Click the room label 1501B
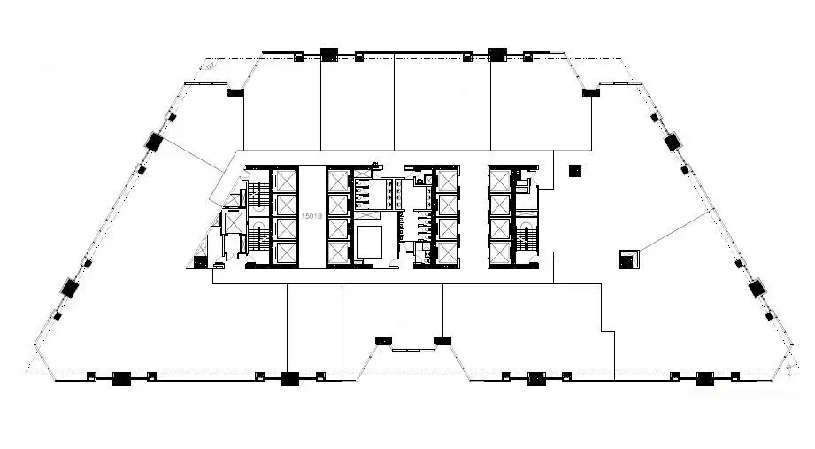pyautogui.click(x=311, y=216)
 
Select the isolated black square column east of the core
pyautogui.click(x=575, y=170)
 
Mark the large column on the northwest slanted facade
pyautogui.click(x=154, y=141)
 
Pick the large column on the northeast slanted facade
pyautogui.click(x=670, y=141)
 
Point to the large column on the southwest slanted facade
pyautogui.click(x=69, y=287)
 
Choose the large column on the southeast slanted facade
pyautogui.click(x=756, y=288)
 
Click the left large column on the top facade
pyautogui.click(x=327, y=54)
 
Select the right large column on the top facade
pyautogui.click(x=497, y=54)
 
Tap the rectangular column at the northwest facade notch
pyautogui.click(x=235, y=92)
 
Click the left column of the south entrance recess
pyautogui.click(x=383, y=339)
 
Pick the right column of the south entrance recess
pyautogui.click(x=442, y=339)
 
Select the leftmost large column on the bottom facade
pyautogui.click(x=121, y=378)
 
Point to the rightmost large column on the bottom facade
pyautogui.click(x=705, y=378)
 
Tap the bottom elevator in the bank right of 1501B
pyautogui.click(x=339, y=253)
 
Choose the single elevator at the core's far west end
pyautogui.click(x=233, y=223)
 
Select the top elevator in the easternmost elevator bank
pyautogui.click(x=501, y=181)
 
